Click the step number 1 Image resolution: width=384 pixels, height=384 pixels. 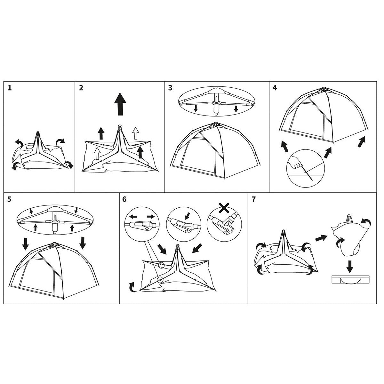coord(10,88)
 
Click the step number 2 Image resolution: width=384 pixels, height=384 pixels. coord(81,88)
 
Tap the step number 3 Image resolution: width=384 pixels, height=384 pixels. coord(170,88)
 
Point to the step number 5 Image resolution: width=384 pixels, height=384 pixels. coord(9,199)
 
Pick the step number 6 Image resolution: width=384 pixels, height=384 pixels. coord(124,199)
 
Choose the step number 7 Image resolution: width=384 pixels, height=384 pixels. coord(254,199)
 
